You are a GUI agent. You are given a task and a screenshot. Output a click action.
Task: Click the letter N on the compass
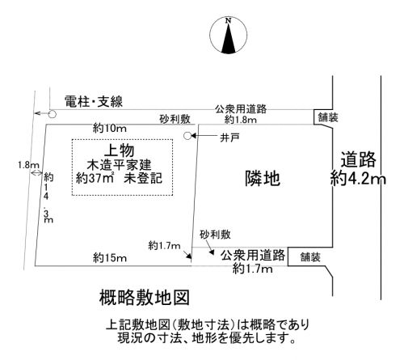coord(229,20)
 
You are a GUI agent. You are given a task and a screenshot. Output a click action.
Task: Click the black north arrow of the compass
coord(229,38)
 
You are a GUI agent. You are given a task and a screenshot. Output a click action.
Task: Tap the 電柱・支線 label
coord(94,102)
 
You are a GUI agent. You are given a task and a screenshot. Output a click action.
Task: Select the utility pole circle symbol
coord(53,114)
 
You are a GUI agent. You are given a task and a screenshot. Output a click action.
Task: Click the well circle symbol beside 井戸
coord(187,136)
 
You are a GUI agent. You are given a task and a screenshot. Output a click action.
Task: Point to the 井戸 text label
coord(229,138)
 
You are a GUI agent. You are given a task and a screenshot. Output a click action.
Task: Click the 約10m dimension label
coord(110,129)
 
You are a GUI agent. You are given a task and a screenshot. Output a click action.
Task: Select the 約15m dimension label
coord(110,258)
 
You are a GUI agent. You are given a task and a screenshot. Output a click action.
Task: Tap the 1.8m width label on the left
coord(28,165)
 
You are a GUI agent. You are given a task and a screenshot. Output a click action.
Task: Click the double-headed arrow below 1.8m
coord(36,173)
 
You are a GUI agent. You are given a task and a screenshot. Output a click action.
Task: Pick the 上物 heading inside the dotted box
coord(119,150)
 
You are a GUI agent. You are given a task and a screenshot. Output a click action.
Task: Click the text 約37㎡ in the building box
coord(95,178)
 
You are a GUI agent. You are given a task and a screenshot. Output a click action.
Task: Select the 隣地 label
coord(263,179)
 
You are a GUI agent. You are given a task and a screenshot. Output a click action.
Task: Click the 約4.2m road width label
coord(358,178)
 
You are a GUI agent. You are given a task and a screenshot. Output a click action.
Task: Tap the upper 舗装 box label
coord(328,117)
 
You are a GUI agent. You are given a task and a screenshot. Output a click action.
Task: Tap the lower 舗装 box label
coord(310,257)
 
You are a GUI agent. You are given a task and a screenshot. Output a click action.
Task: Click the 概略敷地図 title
coord(145,298)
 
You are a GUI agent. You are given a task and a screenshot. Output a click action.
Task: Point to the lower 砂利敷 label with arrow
coord(215,235)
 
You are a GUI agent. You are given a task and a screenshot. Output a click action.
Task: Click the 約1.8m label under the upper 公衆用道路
coord(241,120)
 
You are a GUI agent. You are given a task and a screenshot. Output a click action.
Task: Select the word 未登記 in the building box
coord(143,178)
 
